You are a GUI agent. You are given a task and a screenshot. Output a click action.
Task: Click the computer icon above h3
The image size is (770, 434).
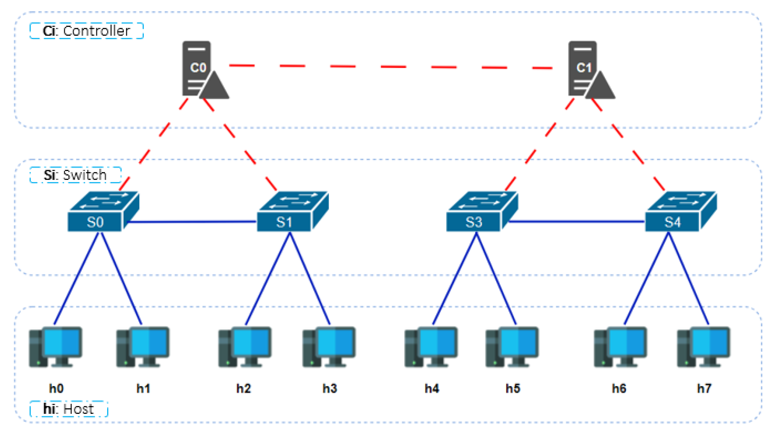point(329,347)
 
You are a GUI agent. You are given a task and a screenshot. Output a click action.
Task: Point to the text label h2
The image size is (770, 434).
point(244,389)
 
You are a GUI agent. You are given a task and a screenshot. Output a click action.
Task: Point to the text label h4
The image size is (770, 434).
point(432,389)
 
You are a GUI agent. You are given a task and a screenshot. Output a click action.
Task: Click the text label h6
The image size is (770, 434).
point(619,389)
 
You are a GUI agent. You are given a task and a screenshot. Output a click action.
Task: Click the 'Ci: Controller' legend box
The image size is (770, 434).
point(87,31)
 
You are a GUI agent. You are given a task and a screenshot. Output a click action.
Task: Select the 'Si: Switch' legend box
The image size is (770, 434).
point(75,175)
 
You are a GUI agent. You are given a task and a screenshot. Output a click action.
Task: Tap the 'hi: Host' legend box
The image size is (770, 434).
point(69,409)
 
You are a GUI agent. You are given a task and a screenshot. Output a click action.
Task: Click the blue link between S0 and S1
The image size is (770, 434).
point(191,222)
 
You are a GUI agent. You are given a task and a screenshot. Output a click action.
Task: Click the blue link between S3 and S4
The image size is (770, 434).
point(577,221)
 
